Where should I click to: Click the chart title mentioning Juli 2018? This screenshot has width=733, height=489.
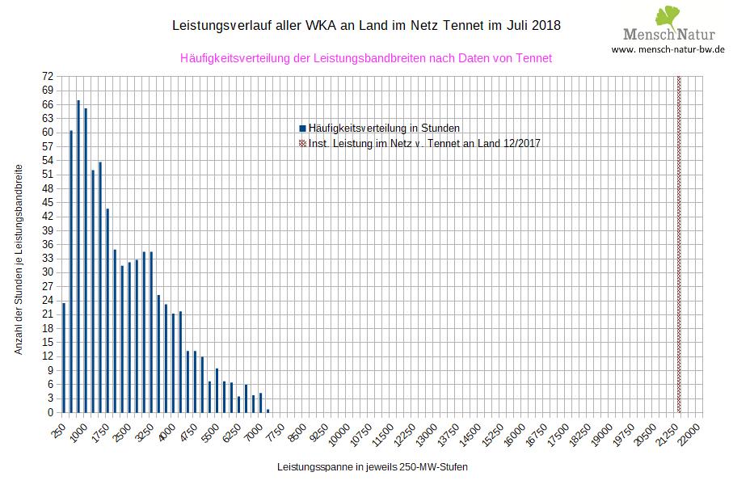coord(366,26)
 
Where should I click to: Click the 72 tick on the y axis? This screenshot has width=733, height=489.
coord(48,77)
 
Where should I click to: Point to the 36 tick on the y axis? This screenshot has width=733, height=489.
coord(48,244)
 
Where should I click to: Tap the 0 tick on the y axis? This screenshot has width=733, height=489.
coord(51,412)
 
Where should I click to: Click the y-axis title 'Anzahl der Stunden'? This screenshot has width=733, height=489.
coord(18,259)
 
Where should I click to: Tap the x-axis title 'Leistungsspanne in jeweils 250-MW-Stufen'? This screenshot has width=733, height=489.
coord(372,467)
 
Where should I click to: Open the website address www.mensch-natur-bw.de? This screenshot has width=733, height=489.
coord(668,49)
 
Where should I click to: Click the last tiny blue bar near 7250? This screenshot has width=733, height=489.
coord(268,411)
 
